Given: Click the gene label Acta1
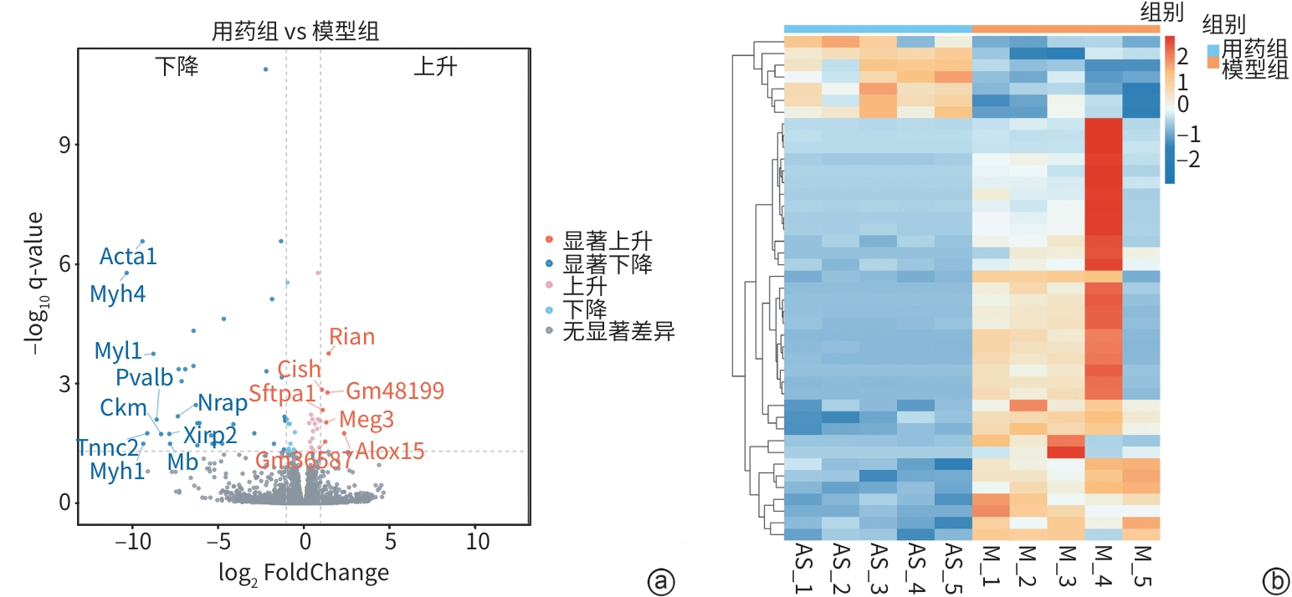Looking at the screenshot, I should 128,256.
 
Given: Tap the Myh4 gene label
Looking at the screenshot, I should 117,293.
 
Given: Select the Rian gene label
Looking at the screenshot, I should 351,337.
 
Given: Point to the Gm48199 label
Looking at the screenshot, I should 395,390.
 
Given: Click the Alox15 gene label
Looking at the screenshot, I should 390,451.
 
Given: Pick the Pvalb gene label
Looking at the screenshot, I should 144,377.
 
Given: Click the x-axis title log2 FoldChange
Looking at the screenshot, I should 303,573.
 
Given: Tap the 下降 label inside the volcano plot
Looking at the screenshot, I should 177,67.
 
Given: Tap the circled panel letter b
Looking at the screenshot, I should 1276,579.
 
